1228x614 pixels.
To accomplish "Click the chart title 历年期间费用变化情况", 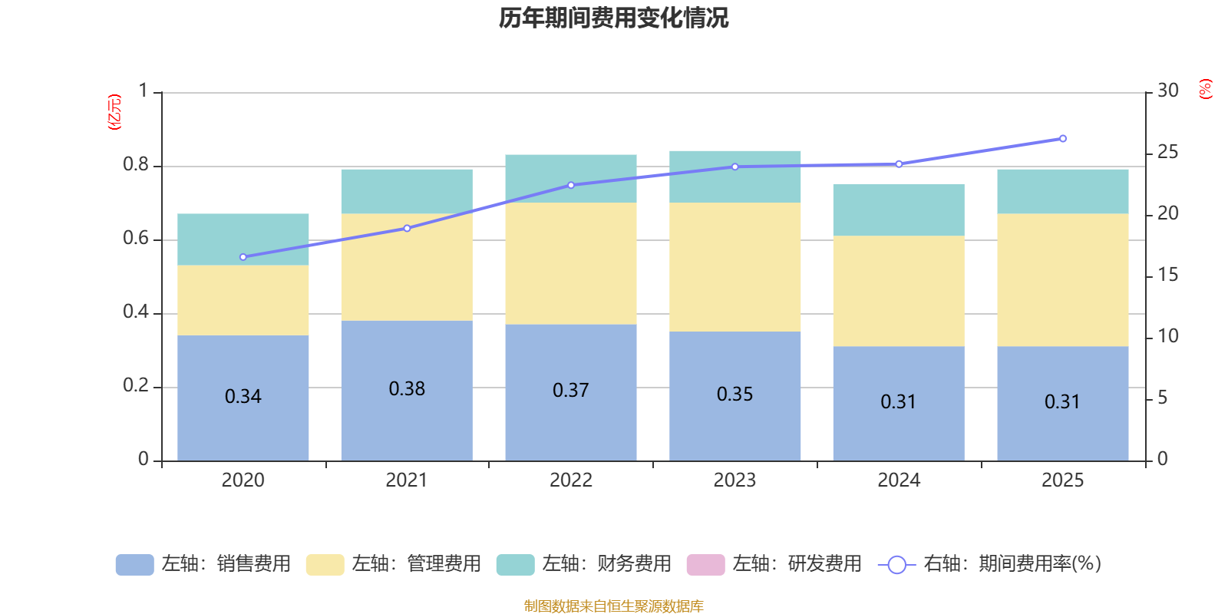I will (613, 18).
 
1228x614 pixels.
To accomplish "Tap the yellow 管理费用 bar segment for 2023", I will (734, 267).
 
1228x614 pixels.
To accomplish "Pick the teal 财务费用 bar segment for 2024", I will (898, 210).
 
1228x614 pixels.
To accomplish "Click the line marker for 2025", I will (1062, 139).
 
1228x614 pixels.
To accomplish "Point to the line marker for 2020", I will (243, 257).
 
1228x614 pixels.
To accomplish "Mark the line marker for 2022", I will (570, 185).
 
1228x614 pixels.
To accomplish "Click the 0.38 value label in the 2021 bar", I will (407, 389).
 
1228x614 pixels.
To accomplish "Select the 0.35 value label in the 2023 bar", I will (734, 394).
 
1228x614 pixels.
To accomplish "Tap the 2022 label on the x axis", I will (570, 480).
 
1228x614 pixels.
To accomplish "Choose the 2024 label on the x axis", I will (898, 480).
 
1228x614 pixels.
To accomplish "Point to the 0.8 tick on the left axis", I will (136, 165).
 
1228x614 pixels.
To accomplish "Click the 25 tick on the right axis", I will (1167, 152).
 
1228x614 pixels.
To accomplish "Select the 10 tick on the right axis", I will (1167, 336).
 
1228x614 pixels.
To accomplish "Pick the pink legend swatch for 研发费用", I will (705, 564).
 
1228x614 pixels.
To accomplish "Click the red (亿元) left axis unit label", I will (114, 112).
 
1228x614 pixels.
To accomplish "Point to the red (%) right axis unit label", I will (1205, 89).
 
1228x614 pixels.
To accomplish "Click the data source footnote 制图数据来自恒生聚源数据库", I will (613, 606).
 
